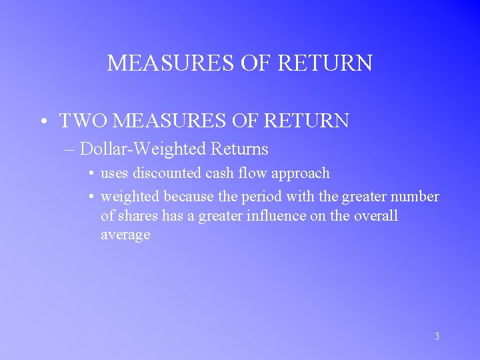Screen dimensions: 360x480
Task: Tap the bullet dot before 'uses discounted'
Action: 90,173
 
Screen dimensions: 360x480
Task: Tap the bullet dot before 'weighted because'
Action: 90,197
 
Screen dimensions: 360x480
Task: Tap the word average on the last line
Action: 125,235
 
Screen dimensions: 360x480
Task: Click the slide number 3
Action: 437,337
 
